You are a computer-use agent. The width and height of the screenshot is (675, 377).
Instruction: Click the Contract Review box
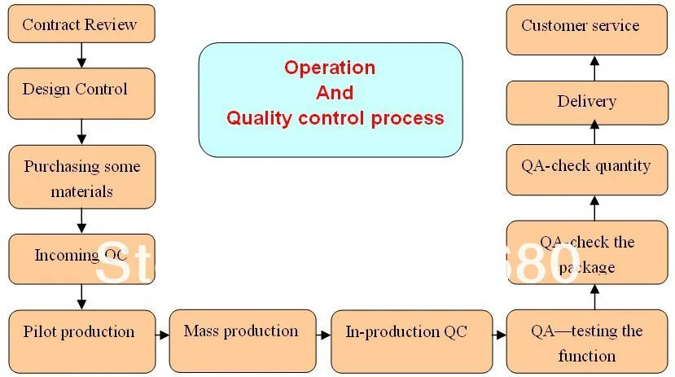(x=81, y=24)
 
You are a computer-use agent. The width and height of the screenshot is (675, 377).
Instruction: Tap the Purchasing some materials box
(x=81, y=178)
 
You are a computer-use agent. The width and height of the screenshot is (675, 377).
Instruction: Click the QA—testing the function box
(x=586, y=341)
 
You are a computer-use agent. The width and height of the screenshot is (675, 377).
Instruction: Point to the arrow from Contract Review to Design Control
(x=81, y=55)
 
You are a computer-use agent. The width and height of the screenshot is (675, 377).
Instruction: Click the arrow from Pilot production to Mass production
(x=161, y=334)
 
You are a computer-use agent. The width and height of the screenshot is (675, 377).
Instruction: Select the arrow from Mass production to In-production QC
(x=323, y=334)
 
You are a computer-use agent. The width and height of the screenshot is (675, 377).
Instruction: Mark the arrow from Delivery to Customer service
(x=594, y=68)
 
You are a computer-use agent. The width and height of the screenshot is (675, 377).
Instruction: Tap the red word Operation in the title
(x=330, y=68)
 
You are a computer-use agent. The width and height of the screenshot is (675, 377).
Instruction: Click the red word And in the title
(x=335, y=93)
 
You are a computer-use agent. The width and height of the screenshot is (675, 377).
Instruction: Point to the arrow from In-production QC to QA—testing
(x=499, y=334)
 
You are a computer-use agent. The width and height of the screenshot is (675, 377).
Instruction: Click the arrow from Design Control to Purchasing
(x=81, y=130)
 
